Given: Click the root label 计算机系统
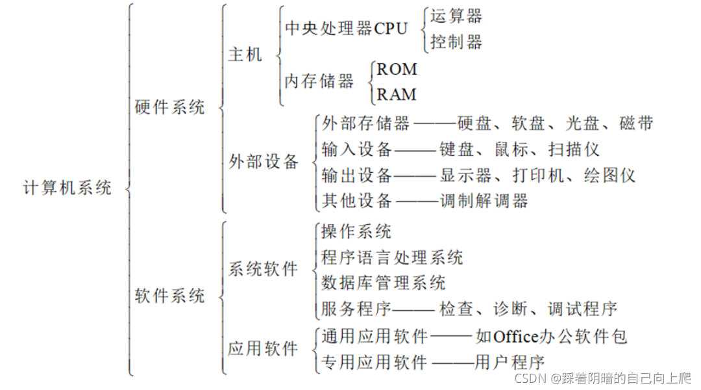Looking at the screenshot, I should [68, 188].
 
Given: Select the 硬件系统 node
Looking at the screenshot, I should [170, 107].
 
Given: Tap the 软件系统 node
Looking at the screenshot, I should [170, 296].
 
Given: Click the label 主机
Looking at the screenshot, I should [245, 55].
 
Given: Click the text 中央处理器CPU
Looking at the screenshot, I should [347, 29].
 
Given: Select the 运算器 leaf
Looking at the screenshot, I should [457, 16].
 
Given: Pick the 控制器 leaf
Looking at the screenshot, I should [457, 43].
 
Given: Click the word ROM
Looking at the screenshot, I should [397, 69].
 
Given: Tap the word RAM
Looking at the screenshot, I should [397, 94].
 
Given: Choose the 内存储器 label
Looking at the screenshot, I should [319, 81].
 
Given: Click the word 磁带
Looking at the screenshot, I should [636, 123].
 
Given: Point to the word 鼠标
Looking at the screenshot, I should [511, 149].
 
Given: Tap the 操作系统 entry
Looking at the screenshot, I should [356, 231].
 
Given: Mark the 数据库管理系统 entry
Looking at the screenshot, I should [383, 283].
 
